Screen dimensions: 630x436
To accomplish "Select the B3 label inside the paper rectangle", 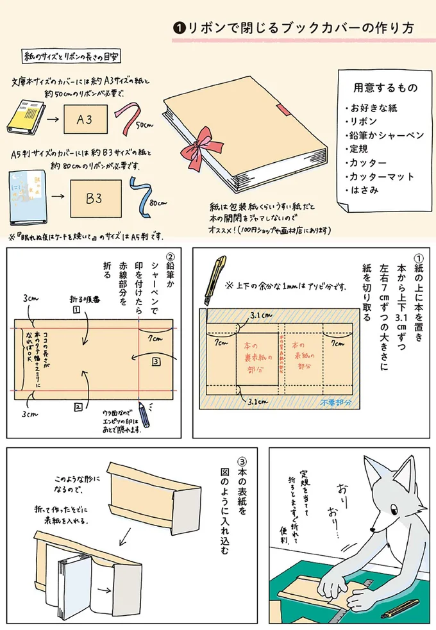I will (94, 198).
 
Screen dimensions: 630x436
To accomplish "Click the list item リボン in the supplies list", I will (364, 122).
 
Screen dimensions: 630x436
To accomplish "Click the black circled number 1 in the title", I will (180, 28).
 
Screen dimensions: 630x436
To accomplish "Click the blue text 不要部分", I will (335, 402).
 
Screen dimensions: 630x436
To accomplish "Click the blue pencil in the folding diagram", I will (145, 414).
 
